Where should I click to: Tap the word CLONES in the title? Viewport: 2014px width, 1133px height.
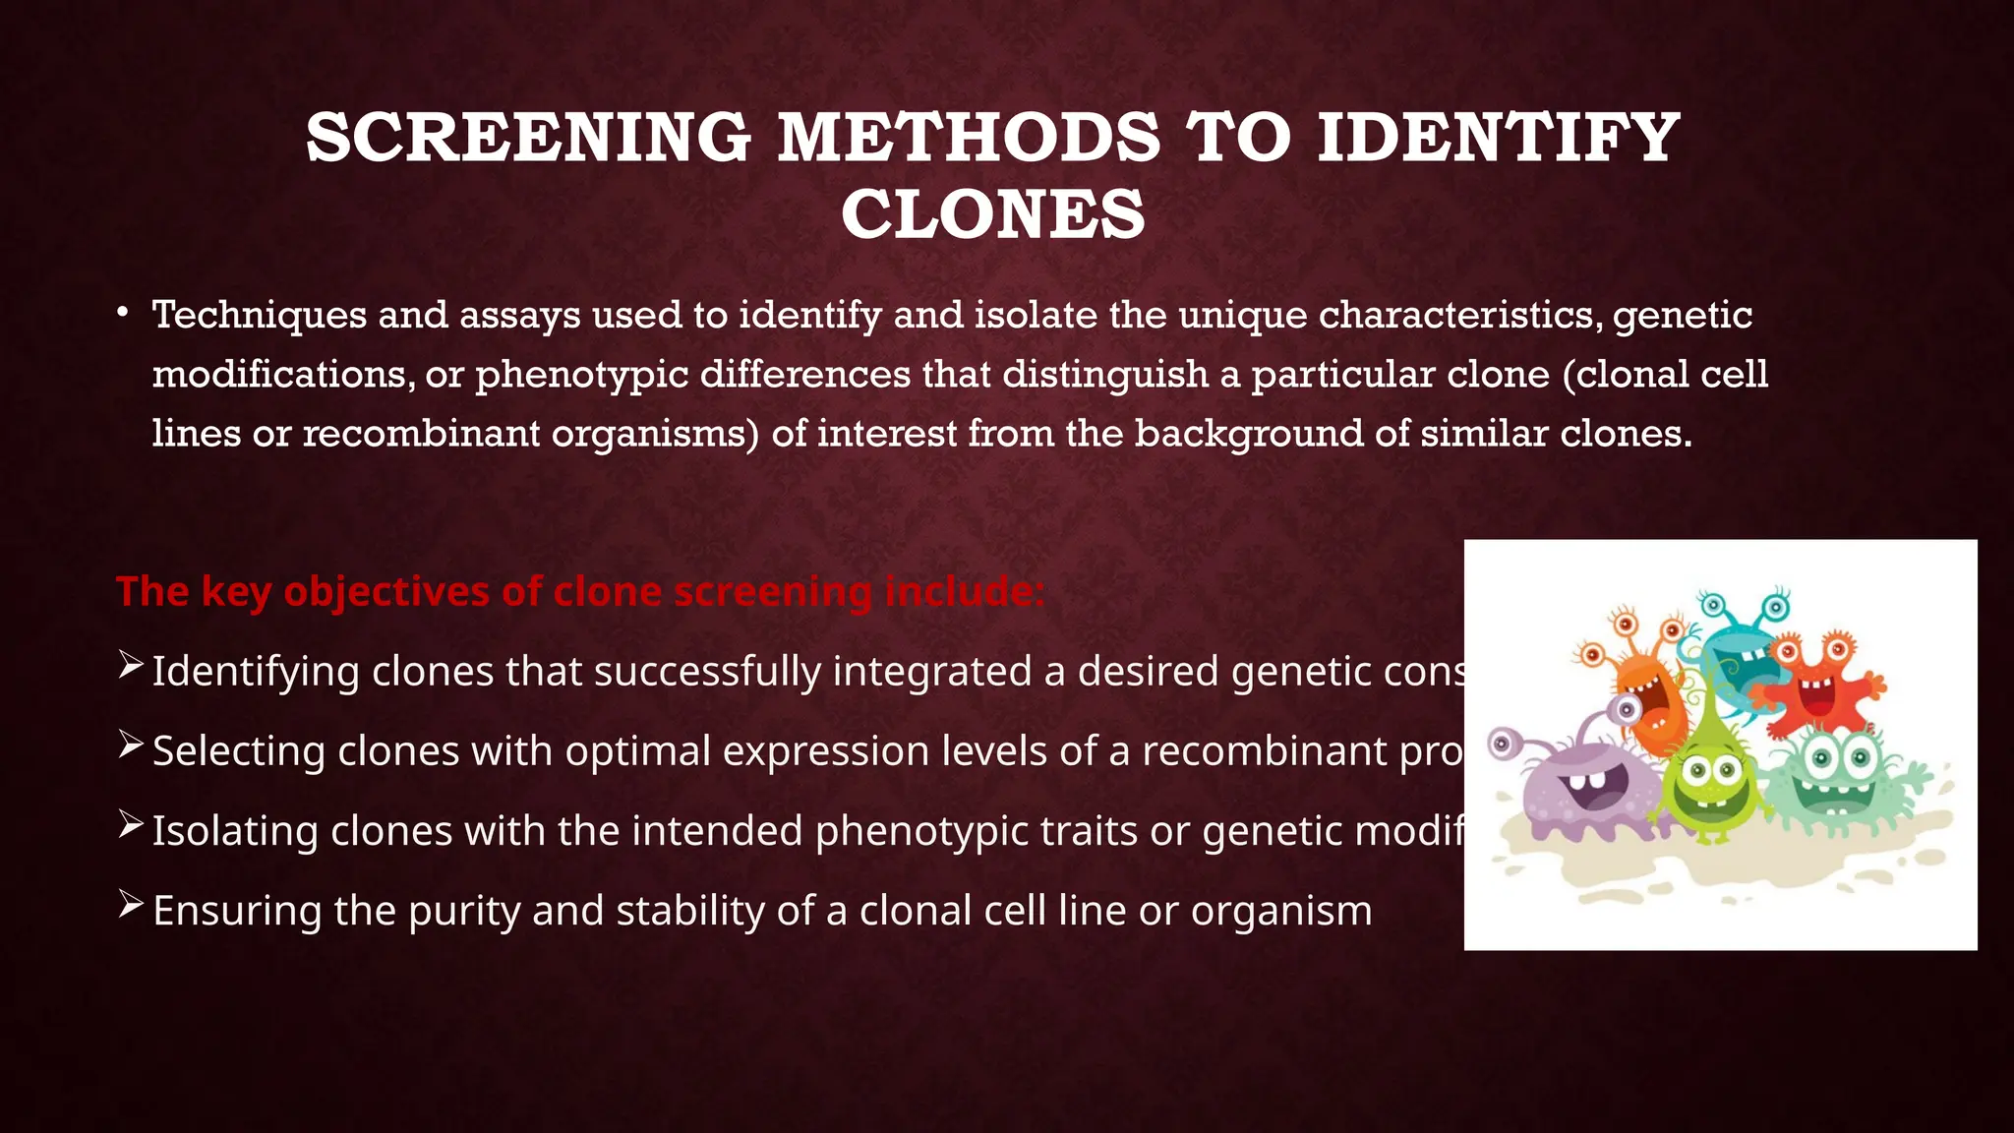(x=993, y=214)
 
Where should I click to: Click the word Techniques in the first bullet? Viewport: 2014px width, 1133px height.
(x=259, y=316)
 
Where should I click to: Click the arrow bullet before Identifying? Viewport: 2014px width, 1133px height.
(x=130, y=666)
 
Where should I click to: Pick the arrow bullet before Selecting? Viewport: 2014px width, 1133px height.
(x=130, y=745)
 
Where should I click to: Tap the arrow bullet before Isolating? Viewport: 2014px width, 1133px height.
(x=130, y=825)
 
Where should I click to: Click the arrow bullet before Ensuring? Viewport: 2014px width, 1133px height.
(x=130, y=905)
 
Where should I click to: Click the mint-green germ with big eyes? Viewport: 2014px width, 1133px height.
(x=1837, y=777)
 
